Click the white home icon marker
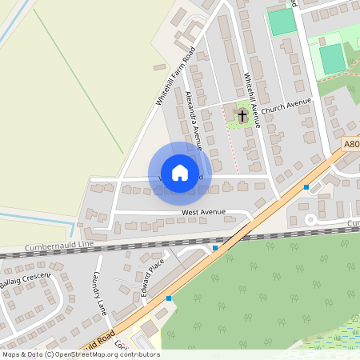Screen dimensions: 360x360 pyautogui.click(x=179, y=173)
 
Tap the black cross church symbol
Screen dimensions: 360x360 pyautogui.click(x=242, y=117)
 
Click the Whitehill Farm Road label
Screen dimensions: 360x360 pyautogui.click(x=175, y=76)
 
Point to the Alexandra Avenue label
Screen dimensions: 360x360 pyautogui.click(x=194, y=120)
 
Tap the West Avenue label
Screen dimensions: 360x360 pyautogui.click(x=204, y=213)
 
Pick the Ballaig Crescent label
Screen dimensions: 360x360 pyautogui.click(x=26, y=280)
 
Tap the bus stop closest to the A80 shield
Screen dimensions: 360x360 pyautogui.click(x=306, y=186)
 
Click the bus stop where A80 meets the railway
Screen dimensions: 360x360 pyautogui.click(x=215, y=248)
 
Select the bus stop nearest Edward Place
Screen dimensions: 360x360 pyautogui.click(x=169, y=298)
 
